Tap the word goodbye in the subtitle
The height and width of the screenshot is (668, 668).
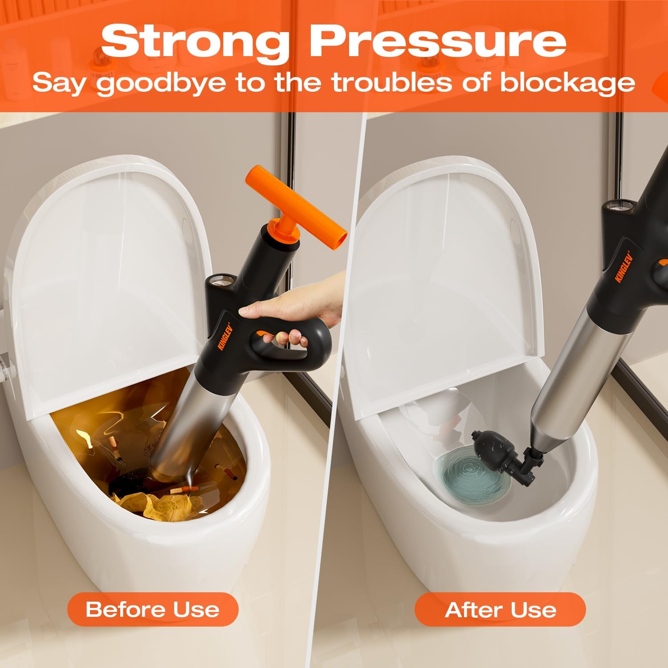(x=161, y=83)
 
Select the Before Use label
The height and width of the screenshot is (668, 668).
(x=153, y=609)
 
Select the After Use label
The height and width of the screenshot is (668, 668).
(x=500, y=609)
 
